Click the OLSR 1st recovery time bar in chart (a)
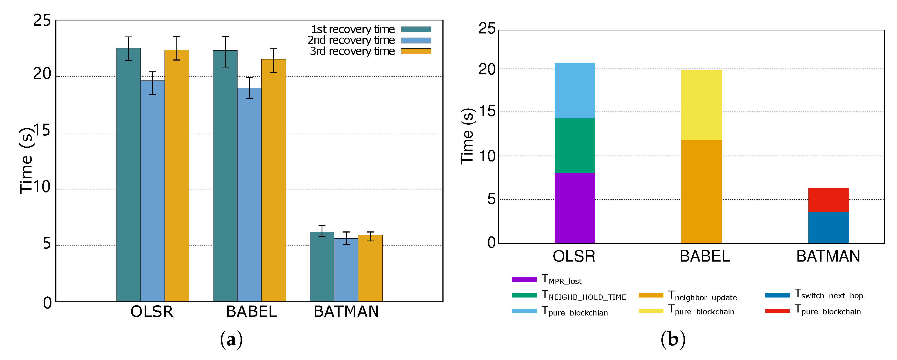tap(128, 174)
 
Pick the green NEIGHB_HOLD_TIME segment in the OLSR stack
tap(575, 145)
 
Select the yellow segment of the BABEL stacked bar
tap(701, 105)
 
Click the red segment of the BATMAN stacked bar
tap(828, 200)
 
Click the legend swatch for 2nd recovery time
tap(416, 40)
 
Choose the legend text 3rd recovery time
tap(352, 51)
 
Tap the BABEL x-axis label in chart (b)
tap(705, 256)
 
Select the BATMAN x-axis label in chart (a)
tap(346, 312)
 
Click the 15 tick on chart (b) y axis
tap(487, 111)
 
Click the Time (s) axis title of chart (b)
tap(467, 136)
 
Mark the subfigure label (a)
tap(231, 340)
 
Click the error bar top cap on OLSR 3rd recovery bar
tap(177, 36)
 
